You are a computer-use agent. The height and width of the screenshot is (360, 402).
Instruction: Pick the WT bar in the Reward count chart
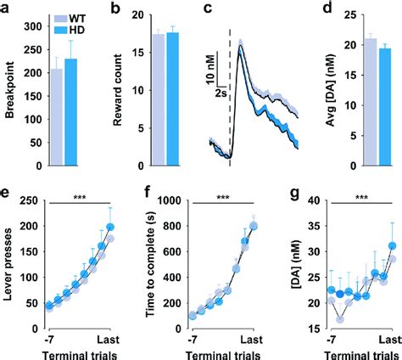click(x=157, y=110)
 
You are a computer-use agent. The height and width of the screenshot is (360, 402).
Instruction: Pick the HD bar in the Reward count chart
click(x=173, y=110)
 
